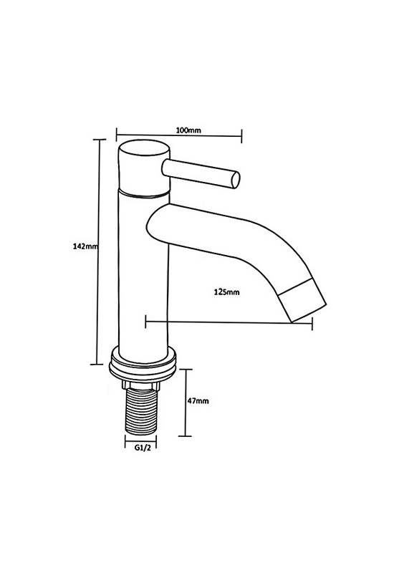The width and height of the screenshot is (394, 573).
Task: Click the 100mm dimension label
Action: (188, 130)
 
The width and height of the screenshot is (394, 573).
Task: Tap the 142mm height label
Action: (85, 246)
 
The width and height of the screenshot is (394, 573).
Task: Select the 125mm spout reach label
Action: (226, 292)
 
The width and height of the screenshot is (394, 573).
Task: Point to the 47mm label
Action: (198, 401)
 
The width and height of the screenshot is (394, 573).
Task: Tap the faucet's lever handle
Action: (201, 173)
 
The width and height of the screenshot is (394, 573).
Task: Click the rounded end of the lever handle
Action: (236, 180)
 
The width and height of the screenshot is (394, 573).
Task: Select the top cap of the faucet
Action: (144, 168)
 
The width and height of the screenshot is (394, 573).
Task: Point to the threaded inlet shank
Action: (141, 412)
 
